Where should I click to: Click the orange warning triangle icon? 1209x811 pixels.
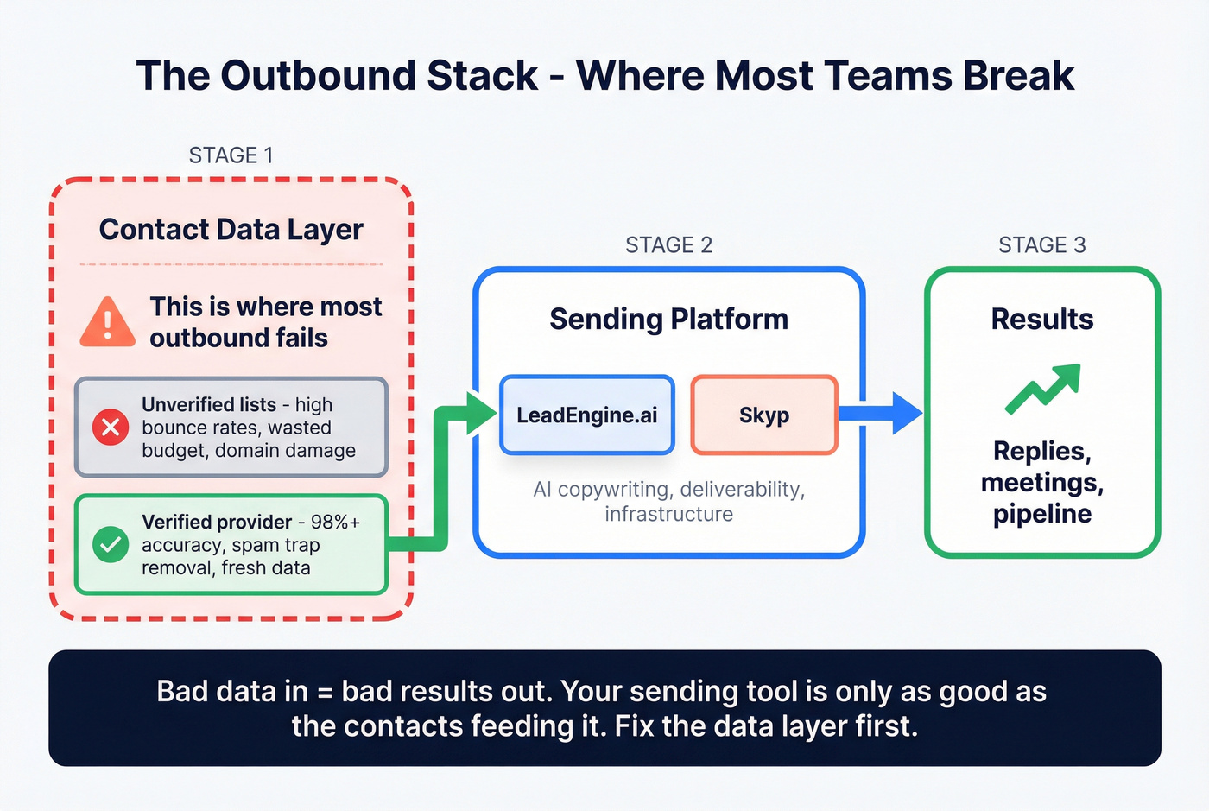107,323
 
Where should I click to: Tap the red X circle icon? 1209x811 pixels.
111,427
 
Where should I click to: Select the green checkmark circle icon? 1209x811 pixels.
111,544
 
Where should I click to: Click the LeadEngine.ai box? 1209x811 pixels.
587,415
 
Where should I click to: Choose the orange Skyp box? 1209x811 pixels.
764,415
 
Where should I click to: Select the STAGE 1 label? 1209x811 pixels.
231,155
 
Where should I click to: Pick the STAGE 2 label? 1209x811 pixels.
668,245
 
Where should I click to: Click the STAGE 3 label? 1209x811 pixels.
1041,245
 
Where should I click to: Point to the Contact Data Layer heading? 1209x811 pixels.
231,230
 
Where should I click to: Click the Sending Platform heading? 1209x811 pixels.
668,320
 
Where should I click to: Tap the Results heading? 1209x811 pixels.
1041,320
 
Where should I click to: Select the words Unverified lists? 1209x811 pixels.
209,405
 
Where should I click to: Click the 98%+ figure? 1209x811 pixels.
335,523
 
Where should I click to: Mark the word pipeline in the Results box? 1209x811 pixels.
1041,514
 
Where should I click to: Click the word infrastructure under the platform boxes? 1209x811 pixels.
668,515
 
